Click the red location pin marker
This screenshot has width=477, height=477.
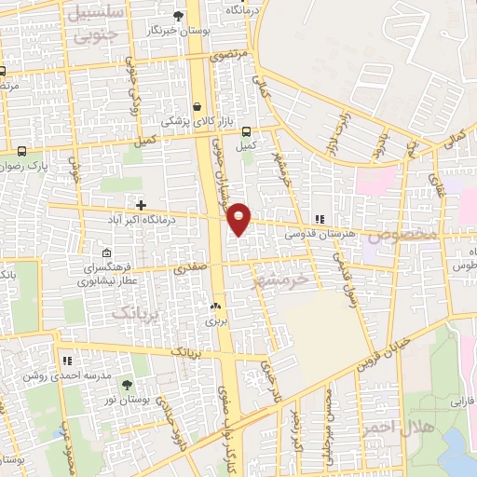point(239,218)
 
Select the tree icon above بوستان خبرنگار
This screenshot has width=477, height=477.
point(178,15)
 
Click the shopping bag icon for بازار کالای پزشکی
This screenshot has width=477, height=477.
point(197,105)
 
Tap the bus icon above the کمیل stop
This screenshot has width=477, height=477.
point(246,131)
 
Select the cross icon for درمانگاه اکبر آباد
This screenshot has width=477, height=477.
point(141,205)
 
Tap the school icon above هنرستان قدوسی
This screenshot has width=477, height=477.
point(320,219)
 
